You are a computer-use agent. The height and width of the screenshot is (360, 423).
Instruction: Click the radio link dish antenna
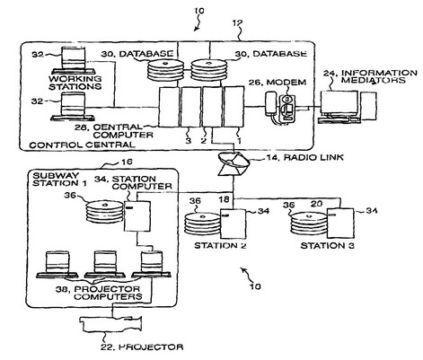click(234, 163)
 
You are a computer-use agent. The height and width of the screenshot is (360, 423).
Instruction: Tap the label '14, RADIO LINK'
click(304, 157)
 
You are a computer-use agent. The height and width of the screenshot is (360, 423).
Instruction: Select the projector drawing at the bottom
click(110, 324)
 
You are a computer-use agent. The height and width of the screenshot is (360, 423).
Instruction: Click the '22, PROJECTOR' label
click(142, 347)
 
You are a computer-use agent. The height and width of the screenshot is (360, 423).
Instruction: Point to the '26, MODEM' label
click(278, 83)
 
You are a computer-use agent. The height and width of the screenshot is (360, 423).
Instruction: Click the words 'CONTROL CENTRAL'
click(82, 145)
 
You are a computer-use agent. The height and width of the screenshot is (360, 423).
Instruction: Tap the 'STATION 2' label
click(220, 246)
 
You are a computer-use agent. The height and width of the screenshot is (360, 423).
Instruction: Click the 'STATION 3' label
click(327, 246)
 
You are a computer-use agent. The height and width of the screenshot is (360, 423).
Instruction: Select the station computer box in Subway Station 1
click(137, 216)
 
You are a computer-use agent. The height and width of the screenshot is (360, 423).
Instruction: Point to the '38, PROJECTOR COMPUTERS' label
click(99, 293)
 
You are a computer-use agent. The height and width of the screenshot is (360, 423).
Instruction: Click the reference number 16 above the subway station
click(127, 162)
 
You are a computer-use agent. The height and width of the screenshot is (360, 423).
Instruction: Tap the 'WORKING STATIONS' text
click(75, 83)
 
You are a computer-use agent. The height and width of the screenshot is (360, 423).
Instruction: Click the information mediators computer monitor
click(339, 103)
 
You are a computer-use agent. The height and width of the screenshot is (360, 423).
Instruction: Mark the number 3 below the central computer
click(188, 141)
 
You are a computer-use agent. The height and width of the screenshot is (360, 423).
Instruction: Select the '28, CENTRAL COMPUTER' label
click(114, 131)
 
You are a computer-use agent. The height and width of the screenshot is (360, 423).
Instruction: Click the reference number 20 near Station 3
click(316, 204)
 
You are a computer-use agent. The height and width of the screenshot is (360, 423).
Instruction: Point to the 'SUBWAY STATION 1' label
click(59, 180)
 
